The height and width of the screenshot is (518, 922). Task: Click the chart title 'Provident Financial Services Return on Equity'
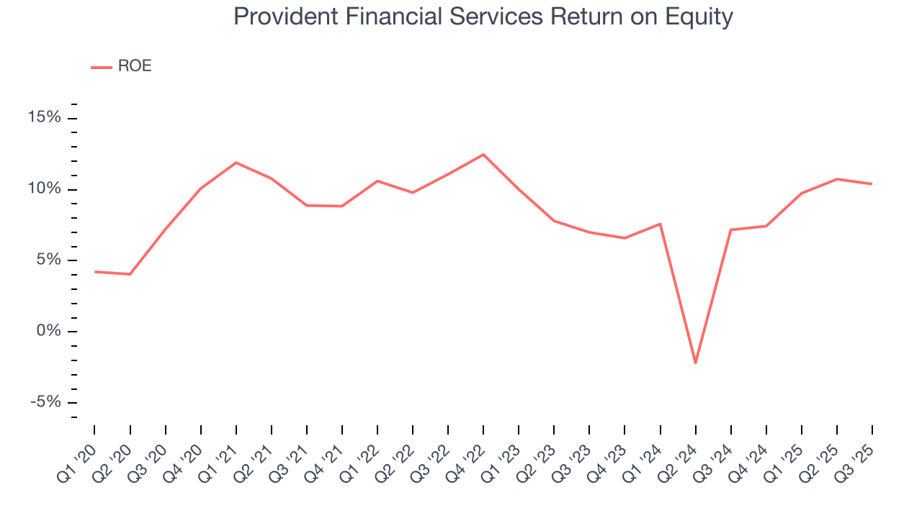pyautogui.click(x=483, y=17)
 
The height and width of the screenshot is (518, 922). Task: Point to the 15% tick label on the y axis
pyautogui.click(x=45, y=117)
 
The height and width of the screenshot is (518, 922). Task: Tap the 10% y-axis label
pyautogui.click(x=45, y=188)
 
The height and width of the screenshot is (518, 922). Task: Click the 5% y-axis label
pyautogui.click(x=48, y=259)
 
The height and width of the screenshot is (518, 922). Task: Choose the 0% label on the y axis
pyautogui.click(x=48, y=330)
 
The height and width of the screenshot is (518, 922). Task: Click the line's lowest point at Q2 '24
pyautogui.click(x=695, y=363)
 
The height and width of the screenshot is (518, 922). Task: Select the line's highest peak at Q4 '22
pyautogui.click(x=483, y=155)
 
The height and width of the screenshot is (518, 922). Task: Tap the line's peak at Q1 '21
pyautogui.click(x=236, y=163)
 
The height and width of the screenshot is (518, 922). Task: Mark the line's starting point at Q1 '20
pyautogui.click(x=95, y=272)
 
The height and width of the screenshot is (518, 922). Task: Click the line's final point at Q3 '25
pyautogui.click(x=872, y=184)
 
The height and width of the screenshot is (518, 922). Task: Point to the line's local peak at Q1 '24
pyautogui.click(x=660, y=224)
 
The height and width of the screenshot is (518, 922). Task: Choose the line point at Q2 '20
pyautogui.click(x=130, y=274)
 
